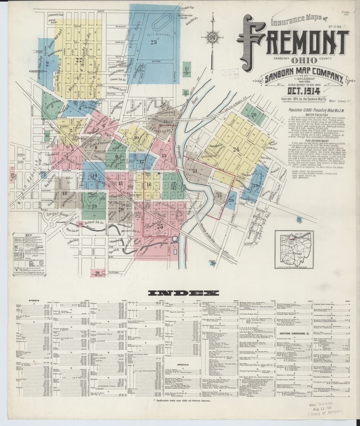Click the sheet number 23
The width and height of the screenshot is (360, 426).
[x=154, y=43]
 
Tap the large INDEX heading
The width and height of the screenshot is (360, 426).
[x=180, y=293]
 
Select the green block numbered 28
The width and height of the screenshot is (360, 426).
[x=253, y=114]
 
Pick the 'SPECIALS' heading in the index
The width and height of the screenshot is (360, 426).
[x=182, y=365]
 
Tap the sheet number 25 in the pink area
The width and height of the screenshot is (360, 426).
[x=160, y=226]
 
